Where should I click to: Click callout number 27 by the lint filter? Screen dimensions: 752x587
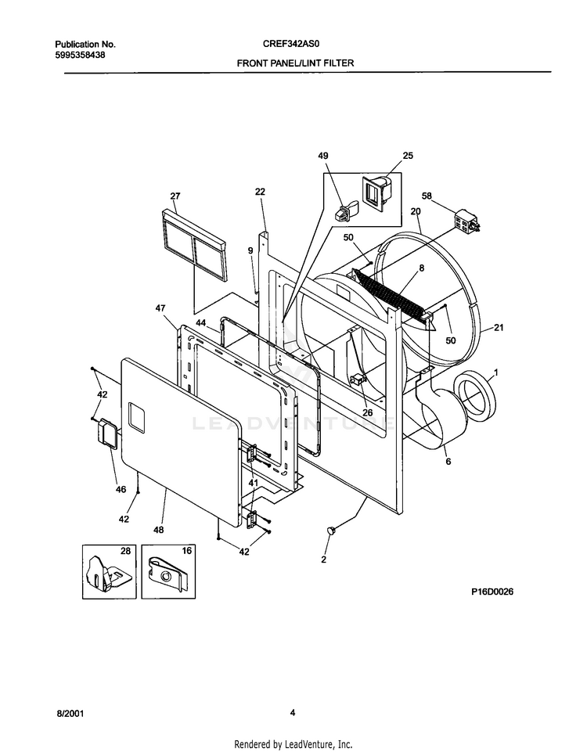[175, 196]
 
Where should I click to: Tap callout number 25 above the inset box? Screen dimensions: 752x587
[407, 156]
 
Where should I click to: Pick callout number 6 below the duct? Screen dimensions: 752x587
[448, 462]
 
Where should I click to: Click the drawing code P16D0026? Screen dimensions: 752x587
[492, 592]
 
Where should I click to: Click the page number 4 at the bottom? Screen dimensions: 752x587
[293, 712]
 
